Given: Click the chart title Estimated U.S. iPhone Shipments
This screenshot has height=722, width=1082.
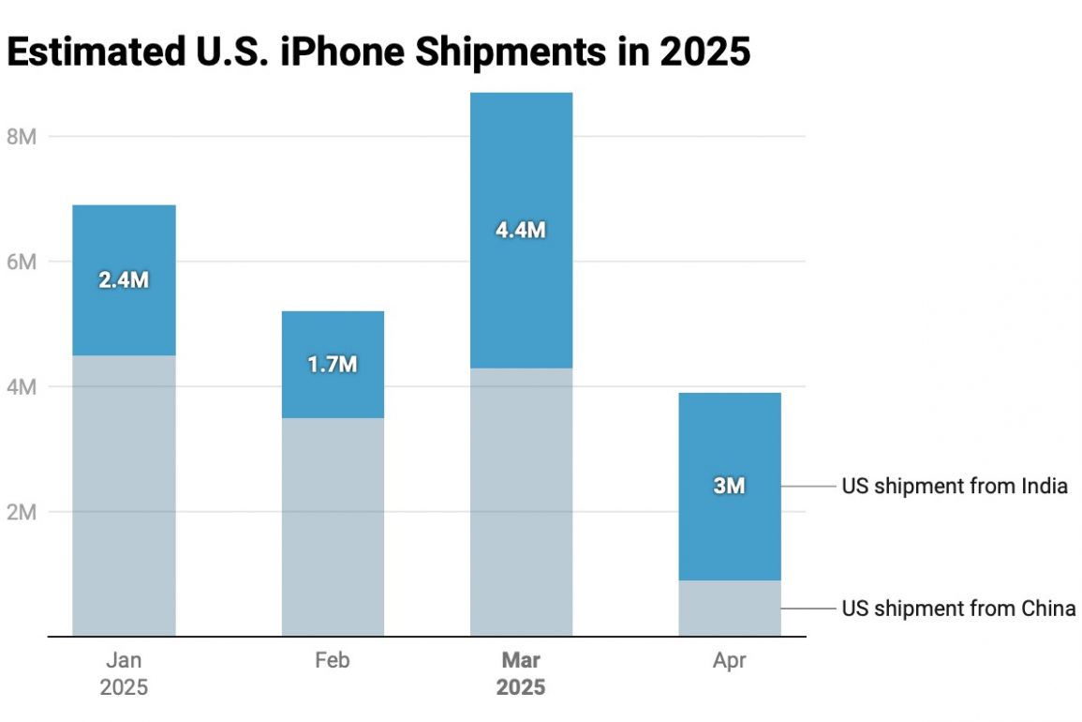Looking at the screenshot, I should (x=378, y=53).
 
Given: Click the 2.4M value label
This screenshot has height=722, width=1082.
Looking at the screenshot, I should (x=124, y=279).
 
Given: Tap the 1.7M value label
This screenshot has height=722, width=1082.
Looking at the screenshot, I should (x=333, y=364).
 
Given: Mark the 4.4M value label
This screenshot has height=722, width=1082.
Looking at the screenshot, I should (x=521, y=229).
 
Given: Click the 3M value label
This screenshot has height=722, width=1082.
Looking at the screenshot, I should (x=730, y=486).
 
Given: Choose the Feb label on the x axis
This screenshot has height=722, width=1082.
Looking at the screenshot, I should (x=333, y=660).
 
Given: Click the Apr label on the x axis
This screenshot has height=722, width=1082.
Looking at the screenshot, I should (x=730, y=660).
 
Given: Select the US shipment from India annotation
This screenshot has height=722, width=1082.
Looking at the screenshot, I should (x=955, y=486).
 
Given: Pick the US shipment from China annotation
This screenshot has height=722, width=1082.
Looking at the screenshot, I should (x=958, y=608).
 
